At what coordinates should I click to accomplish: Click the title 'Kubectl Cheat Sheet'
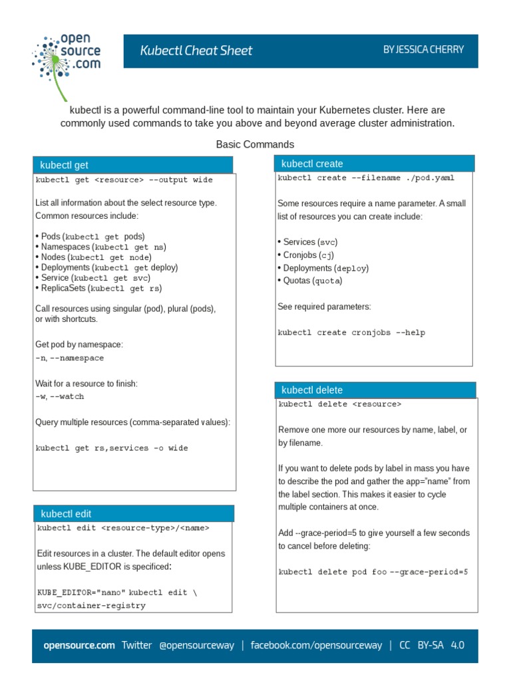196,51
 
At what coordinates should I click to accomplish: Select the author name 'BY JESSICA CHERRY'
423,50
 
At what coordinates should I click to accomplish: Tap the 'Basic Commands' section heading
255,144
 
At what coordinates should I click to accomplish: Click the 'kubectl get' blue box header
132,165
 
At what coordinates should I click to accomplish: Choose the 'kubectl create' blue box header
375,164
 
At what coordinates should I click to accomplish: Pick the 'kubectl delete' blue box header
376,390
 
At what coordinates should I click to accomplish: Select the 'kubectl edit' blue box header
134,513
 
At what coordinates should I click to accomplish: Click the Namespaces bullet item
100,247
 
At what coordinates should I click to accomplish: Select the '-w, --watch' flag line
60,396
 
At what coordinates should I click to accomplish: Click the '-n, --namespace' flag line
70,358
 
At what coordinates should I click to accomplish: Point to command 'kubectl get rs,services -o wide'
112,448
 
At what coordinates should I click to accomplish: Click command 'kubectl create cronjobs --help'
351,333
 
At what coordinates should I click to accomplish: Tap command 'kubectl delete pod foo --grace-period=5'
373,572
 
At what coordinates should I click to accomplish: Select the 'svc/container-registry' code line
91,606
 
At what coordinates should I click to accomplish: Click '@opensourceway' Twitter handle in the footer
196,645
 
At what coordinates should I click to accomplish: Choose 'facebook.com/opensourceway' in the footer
316,645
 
